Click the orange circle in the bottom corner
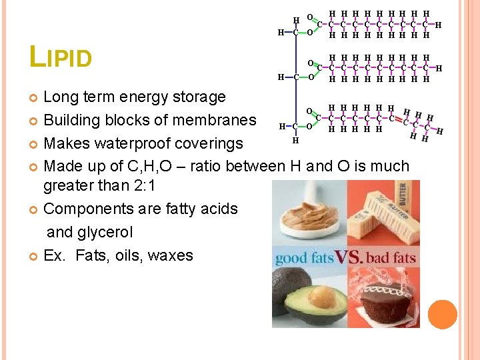[x=443, y=314]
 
